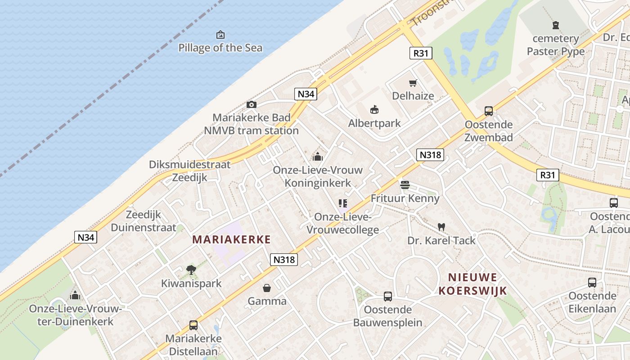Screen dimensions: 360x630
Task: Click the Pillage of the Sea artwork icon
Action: click(220, 35)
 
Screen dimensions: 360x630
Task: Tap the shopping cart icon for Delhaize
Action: click(413, 83)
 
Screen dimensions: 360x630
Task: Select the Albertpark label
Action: click(374, 123)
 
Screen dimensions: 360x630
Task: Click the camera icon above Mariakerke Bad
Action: click(252, 105)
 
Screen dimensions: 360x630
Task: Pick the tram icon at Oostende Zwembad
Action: click(489, 111)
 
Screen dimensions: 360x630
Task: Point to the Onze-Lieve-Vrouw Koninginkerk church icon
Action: click(318, 157)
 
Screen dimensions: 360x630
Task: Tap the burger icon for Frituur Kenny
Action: click(405, 184)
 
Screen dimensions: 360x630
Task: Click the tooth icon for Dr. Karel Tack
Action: click(441, 227)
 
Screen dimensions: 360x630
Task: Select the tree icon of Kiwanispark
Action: click(191, 270)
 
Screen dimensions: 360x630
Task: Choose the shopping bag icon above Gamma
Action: click(267, 288)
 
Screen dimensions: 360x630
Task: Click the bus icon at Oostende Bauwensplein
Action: click(388, 296)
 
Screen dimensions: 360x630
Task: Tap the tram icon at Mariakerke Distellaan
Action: click(193, 325)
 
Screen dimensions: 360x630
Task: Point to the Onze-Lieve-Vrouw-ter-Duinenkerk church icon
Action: click(75, 295)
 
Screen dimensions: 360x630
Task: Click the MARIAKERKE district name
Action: click(232, 239)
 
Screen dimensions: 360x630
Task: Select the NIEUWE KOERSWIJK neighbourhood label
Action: click(473, 283)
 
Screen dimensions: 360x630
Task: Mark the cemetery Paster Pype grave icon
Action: click(556, 25)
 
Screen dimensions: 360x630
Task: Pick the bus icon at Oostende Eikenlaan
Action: click(592, 283)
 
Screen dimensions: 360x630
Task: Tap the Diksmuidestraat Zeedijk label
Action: click(190, 171)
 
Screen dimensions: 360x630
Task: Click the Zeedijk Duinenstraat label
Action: click(144, 220)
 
